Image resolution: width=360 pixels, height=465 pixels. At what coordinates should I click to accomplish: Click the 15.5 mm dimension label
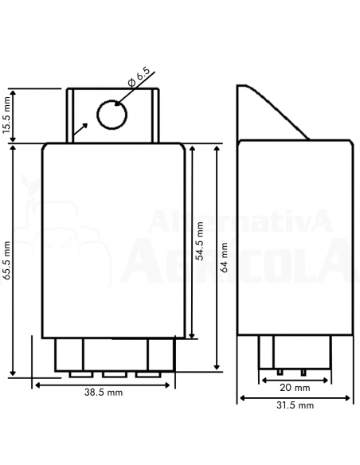pos(6,115)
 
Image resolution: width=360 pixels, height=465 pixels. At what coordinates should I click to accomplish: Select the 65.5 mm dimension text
pos(6,260)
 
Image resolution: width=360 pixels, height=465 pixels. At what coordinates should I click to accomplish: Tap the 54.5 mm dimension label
pos(200,241)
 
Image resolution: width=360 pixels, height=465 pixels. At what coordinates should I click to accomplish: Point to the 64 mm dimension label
pos(225,257)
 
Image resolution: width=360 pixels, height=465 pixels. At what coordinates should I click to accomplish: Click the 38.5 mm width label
pos(104,393)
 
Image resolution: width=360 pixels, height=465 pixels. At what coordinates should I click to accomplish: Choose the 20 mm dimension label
pos(295,388)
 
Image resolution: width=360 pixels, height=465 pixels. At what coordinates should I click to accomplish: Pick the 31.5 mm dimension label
pos(295,405)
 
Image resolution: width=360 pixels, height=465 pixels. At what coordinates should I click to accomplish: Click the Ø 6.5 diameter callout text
pos(139,78)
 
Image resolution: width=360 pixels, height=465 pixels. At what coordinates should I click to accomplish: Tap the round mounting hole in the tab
pos(112,115)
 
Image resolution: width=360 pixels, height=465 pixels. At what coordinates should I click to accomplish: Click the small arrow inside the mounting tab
pos(80,129)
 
